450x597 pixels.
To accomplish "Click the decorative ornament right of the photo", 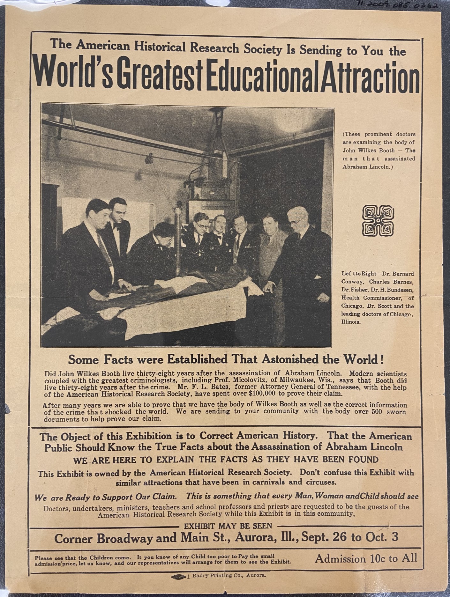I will (x=378, y=221).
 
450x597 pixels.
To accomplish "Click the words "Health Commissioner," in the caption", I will (x=367, y=298).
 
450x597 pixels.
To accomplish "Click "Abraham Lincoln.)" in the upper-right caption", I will (x=366, y=166).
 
